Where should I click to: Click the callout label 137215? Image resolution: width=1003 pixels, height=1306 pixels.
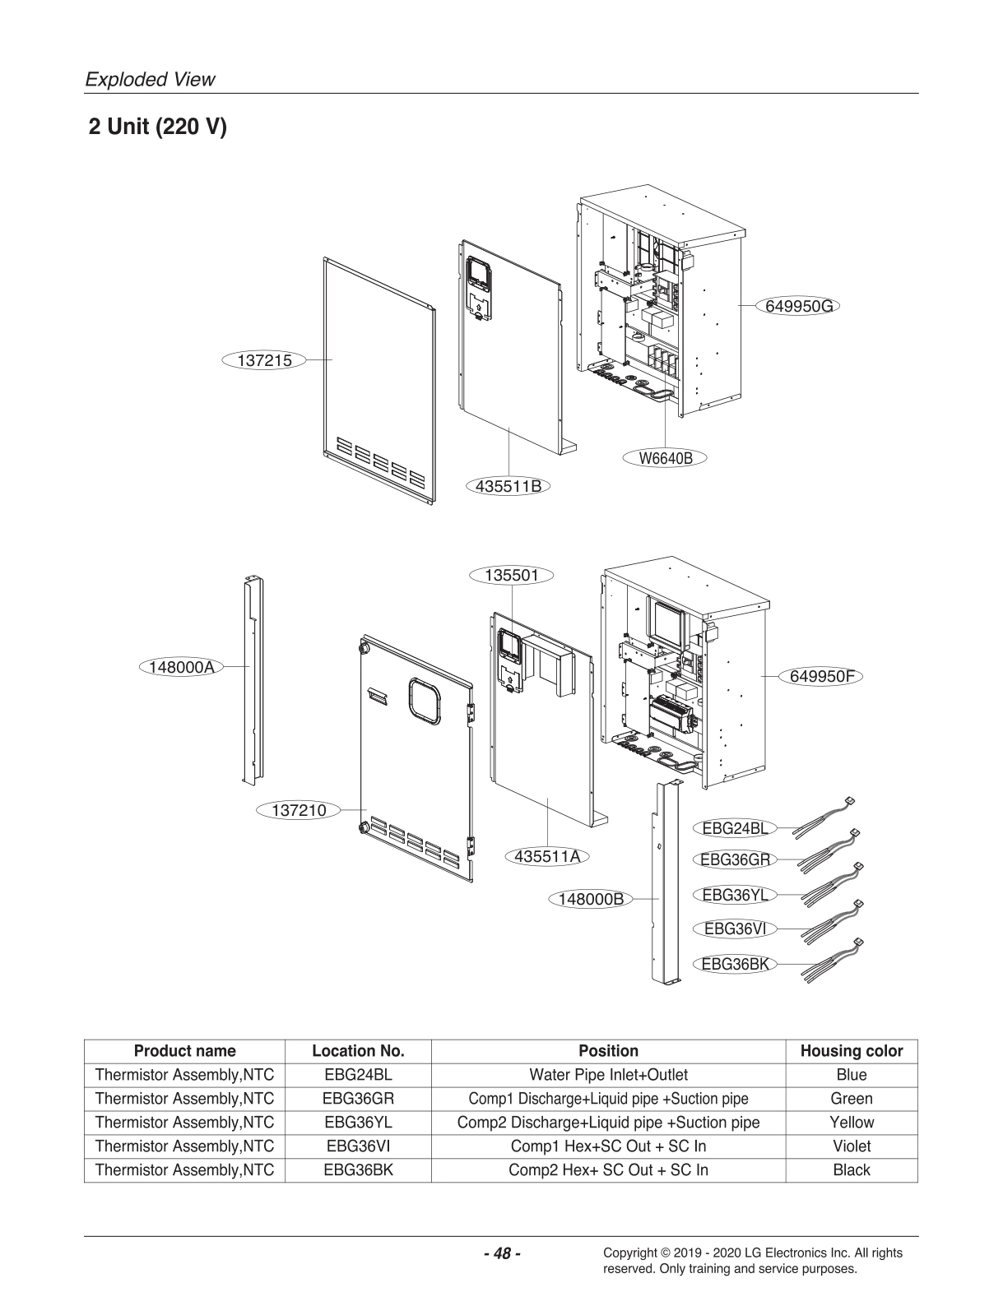(264, 360)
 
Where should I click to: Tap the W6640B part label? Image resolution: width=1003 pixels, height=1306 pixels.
(666, 459)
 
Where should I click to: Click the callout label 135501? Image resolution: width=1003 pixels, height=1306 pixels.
(511, 575)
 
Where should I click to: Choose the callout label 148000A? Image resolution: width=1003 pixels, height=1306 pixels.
(182, 667)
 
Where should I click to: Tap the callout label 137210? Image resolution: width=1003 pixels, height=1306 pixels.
(299, 810)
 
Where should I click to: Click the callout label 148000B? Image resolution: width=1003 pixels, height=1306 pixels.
(591, 899)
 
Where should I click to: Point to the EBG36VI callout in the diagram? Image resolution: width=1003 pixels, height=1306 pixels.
(735, 929)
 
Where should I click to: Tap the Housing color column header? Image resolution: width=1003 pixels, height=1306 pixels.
(851, 1050)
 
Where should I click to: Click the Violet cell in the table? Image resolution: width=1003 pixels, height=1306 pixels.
(851, 1146)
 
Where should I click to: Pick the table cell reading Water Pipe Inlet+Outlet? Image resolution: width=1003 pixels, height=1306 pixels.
(608, 1074)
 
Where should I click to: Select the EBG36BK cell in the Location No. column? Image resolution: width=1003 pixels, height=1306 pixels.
(358, 1169)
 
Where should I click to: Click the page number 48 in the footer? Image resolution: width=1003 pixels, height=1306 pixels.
(501, 1253)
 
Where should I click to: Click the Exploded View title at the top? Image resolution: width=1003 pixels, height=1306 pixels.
(151, 80)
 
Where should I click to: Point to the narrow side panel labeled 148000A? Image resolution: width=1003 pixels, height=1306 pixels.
(251, 678)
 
